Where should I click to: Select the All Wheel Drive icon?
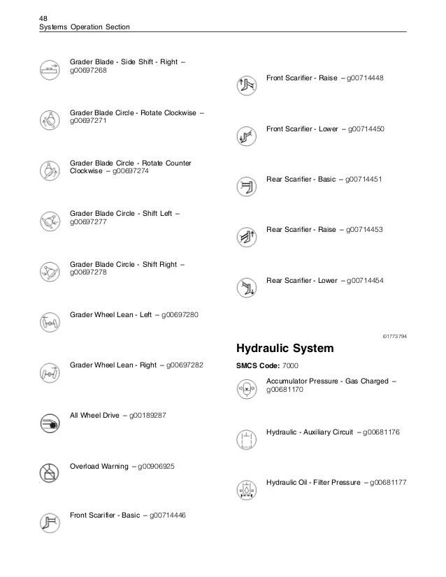click(x=49, y=422)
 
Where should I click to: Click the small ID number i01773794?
click(x=394, y=337)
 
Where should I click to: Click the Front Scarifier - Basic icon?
click(x=49, y=522)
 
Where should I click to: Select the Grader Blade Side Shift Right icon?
click(x=49, y=70)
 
